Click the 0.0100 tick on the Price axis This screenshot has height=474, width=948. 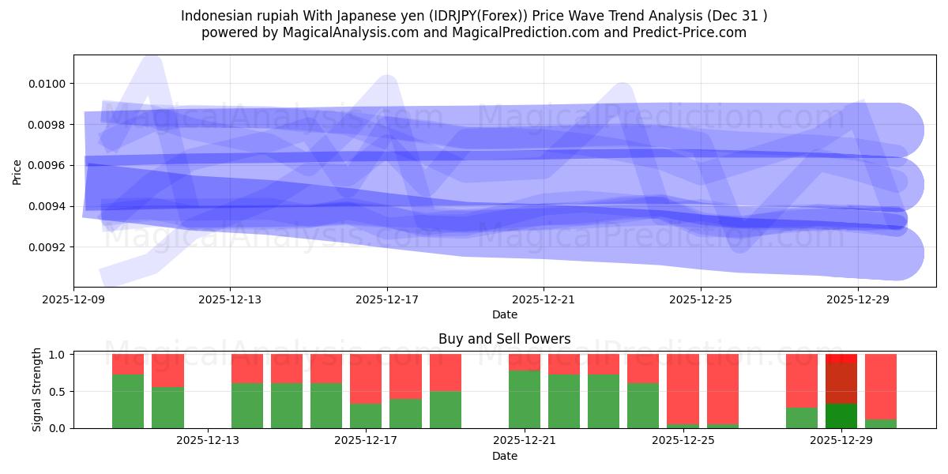[x=47, y=84]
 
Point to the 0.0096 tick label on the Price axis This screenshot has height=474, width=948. [x=47, y=165]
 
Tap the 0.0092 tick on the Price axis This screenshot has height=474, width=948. [x=47, y=247]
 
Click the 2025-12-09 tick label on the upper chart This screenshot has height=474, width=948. [x=73, y=299]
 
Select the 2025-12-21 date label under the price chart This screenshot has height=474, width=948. [x=544, y=299]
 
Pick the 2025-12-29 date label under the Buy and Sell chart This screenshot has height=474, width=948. [x=841, y=440]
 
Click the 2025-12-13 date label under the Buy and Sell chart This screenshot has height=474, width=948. [x=207, y=440]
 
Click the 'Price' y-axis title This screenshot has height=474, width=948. [x=17, y=171]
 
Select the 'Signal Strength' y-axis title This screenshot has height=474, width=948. [x=37, y=391]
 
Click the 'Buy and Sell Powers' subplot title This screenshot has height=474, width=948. [x=504, y=339]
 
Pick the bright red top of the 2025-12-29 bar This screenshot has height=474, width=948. [x=841, y=358]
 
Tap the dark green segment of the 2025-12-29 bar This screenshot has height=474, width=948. [x=841, y=416]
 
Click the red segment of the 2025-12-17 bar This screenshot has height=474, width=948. [x=366, y=378]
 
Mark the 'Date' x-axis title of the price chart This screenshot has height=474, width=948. [x=504, y=314]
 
